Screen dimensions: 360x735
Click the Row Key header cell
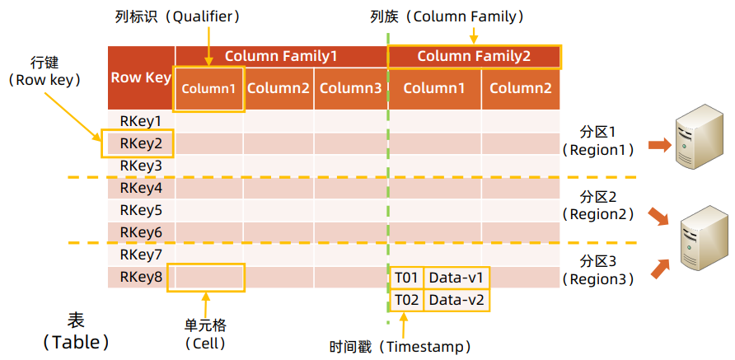[x=141, y=78]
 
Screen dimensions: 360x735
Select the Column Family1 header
[x=280, y=56]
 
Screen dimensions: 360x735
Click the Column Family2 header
[x=474, y=56]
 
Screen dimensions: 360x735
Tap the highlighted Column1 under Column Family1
[x=208, y=88]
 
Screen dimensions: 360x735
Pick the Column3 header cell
[x=349, y=88]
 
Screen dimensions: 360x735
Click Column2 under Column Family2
[x=520, y=88]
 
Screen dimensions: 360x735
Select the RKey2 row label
[x=140, y=143]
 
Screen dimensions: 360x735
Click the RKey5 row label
[x=140, y=210]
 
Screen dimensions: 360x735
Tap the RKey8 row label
[x=140, y=277]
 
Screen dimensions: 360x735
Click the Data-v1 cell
[x=456, y=277]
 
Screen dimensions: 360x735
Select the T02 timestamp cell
[x=407, y=299]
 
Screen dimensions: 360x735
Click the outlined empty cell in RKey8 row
[x=206, y=277]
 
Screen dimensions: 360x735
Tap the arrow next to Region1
[x=659, y=145]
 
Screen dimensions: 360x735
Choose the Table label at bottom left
[x=76, y=330]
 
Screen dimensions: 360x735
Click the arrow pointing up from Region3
[x=660, y=269]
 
